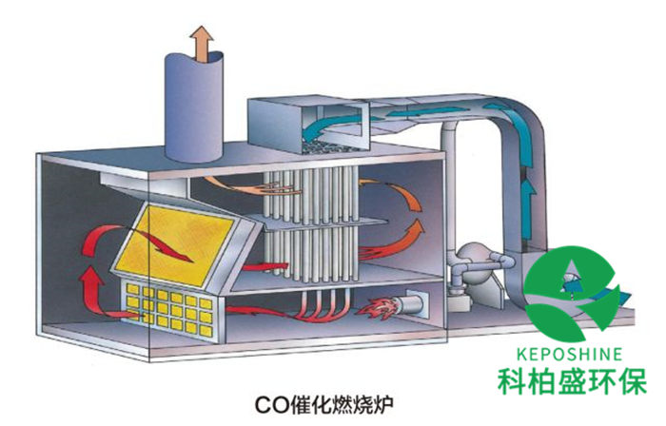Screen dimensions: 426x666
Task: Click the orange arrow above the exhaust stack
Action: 201,42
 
